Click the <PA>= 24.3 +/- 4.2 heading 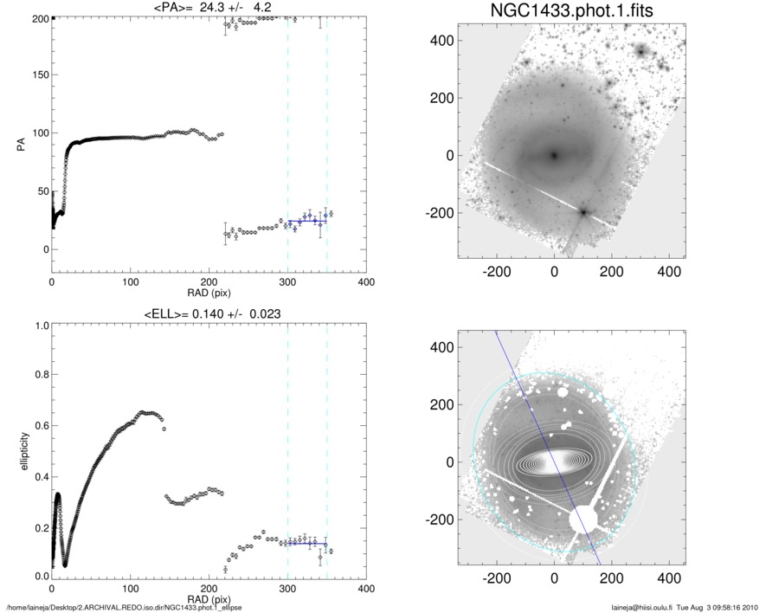coord(189,9)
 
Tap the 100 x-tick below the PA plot coord(130,282)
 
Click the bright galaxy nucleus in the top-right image coord(554,156)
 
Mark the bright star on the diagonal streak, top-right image coord(583,212)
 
